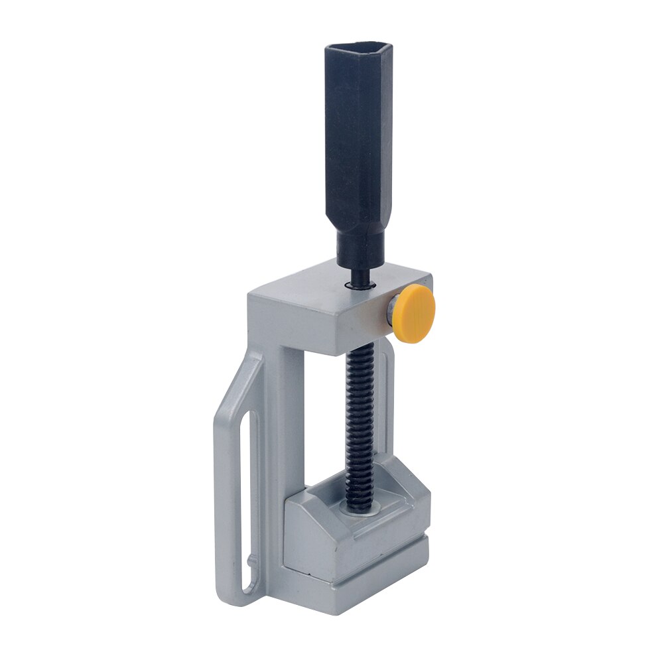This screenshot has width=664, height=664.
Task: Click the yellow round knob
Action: pos(415,312)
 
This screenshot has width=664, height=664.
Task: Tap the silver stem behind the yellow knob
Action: pos(391,309)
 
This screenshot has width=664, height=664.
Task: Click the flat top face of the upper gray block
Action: pos(332,285)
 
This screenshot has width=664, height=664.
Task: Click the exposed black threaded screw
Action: pos(359,425)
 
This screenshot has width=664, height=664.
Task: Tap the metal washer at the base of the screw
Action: pos(359,509)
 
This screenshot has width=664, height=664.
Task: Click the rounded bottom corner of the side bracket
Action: pos(229,594)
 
